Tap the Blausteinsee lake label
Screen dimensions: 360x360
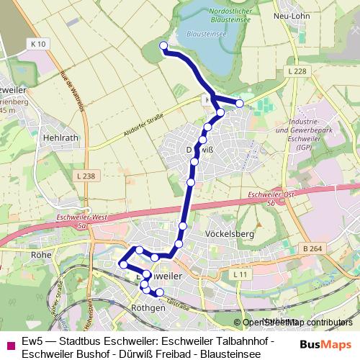point(207,33)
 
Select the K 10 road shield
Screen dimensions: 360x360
point(40,44)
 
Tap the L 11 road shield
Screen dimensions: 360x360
point(240,275)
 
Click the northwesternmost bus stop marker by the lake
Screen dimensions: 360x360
point(163,47)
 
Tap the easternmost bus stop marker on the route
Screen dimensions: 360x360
point(240,104)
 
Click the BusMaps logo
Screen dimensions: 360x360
point(325,343)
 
